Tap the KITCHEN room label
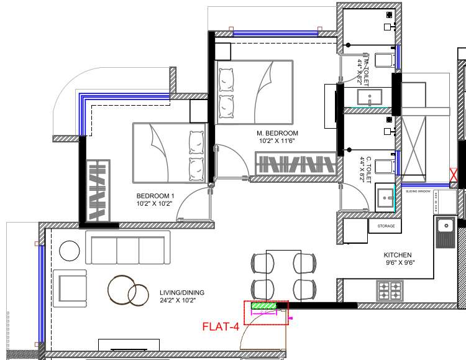point(398,255)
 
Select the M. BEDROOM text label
point(277,133)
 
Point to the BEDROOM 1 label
point(155,195)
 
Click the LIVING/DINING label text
point(182,293)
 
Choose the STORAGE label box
point(386,226)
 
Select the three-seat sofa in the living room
point(127,249)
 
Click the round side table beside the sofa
point(69,252)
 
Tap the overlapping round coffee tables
point(127,290)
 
